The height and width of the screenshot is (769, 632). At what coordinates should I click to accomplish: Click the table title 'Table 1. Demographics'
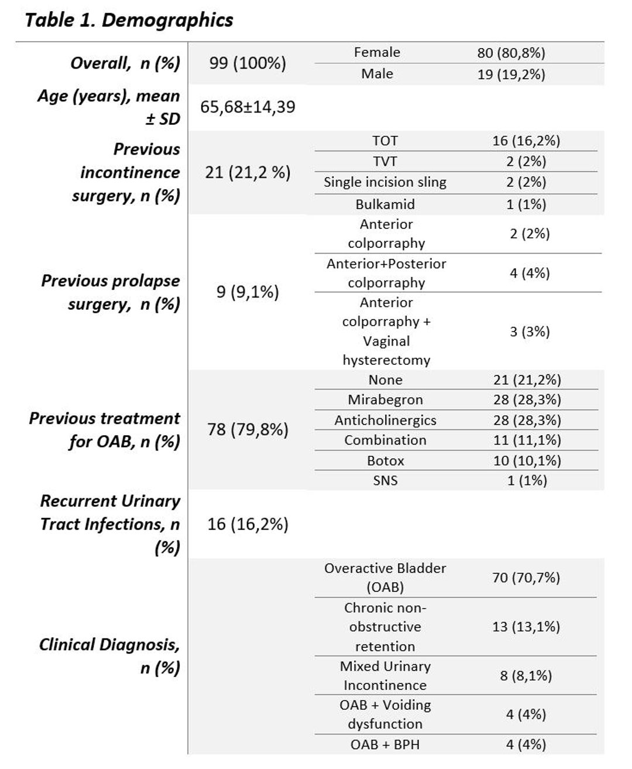point(129,20)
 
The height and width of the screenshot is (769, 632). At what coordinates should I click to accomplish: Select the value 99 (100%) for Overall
point(248,63)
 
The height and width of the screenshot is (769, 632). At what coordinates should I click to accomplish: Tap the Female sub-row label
point(377,52)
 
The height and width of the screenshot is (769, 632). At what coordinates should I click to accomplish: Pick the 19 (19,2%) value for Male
point(511,74)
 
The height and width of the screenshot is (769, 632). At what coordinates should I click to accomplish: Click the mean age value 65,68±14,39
point(248,107)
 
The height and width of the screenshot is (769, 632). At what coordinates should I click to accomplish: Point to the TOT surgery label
point(385,141)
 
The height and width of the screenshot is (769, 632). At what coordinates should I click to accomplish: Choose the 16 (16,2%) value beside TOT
point(526,141)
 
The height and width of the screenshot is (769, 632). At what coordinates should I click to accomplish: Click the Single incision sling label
point(385,182)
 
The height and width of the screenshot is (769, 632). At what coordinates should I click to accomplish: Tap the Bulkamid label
point(385,204)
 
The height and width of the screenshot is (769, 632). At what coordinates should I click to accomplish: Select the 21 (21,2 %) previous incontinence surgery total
point(248,172)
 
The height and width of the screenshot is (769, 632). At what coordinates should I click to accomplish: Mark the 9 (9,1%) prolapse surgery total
point(248,292)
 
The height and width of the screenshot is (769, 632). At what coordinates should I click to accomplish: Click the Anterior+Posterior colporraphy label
point(386,273)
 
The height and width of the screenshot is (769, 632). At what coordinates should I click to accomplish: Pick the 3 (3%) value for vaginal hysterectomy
point(530,332)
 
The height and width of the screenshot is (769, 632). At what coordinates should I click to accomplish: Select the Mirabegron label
point(386,400)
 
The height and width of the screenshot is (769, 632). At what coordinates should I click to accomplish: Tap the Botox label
point(386,461)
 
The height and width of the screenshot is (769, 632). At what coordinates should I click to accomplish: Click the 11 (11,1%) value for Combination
point(527,440)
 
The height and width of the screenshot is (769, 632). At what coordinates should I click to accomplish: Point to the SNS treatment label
point(386,481)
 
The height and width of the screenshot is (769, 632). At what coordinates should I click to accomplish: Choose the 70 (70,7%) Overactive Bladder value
point(526,578)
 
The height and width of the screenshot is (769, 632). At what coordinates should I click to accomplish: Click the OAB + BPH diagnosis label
point(385,744)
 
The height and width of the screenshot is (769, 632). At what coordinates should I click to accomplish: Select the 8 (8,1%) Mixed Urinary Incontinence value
point(526,676)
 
